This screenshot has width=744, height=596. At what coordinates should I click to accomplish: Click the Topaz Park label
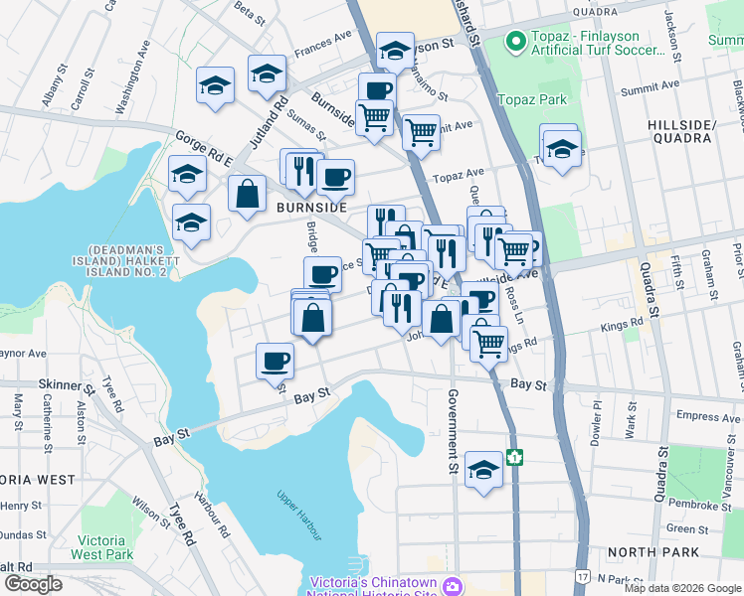coord(532,99)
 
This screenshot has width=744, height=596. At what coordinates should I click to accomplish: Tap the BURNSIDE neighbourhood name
coord(311,208)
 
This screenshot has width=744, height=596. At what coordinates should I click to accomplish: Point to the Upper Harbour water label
coord(299,516)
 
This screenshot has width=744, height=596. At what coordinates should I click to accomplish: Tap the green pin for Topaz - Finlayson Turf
coord(515,42)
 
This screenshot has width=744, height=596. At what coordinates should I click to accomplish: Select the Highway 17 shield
coord(582,575)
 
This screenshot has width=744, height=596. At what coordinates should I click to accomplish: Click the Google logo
coord(33,583)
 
